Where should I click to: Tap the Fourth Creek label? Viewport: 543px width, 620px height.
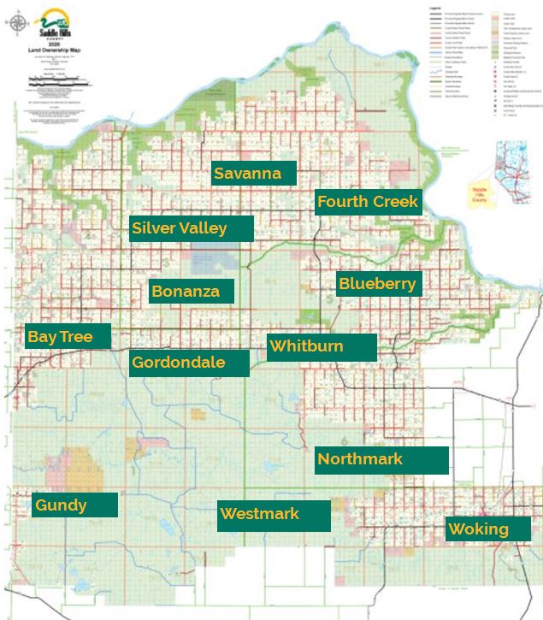[x=368, y=202]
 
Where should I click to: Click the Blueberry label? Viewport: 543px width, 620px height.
[x=378, y=284]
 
